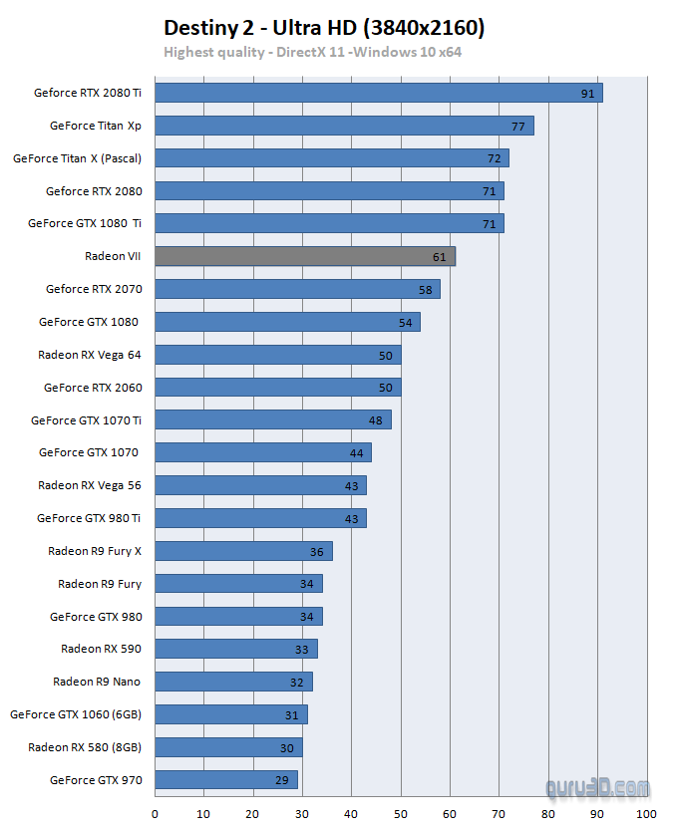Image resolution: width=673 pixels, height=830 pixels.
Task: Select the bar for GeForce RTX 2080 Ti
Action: pos(379,93)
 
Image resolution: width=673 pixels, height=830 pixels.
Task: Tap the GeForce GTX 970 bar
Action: pos(226,780)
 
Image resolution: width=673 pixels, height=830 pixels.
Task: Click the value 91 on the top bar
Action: pos(588,94)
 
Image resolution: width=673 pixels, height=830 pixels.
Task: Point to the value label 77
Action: pos(518,127)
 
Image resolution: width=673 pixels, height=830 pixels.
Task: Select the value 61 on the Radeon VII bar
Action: pos(440,257)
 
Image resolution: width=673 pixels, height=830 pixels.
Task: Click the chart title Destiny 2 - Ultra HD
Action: pos(324,27)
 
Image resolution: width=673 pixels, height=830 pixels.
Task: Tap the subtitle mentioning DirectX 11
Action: pos(313,52)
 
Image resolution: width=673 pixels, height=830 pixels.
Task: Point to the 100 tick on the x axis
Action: pos(648,814)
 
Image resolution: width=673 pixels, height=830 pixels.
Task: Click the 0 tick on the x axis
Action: pos(155,814)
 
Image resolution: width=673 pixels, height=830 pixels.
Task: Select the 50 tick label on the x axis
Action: pos(401,814)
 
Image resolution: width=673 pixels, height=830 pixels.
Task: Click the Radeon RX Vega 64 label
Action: pos(90,355)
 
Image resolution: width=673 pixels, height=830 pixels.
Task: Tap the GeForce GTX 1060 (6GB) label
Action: pos(76,714)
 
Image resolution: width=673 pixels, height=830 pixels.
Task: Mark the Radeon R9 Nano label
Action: pos(97,682)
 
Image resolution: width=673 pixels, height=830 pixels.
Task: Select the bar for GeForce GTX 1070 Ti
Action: pos(272,420)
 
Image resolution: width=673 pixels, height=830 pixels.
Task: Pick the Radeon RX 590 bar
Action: pos(235,649)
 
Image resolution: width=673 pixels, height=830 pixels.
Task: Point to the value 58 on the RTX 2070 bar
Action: pos(425,290)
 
